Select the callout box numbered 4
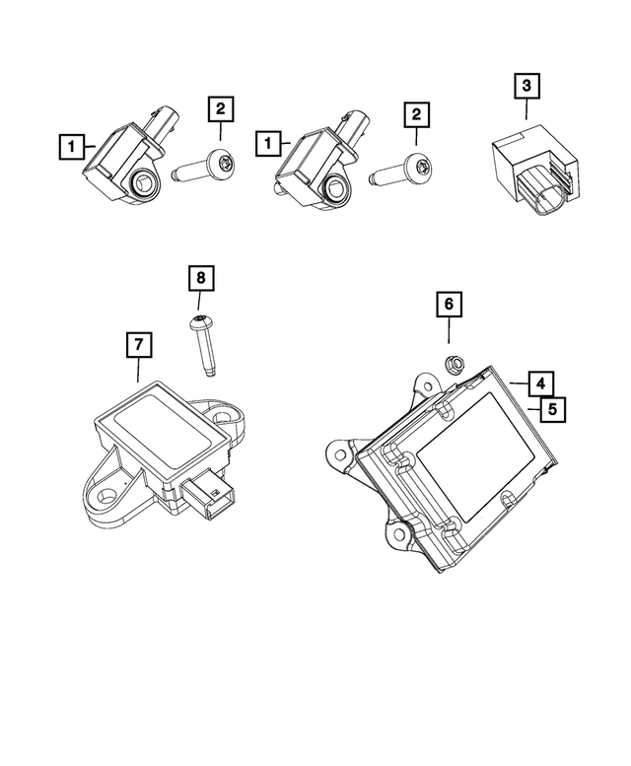539,382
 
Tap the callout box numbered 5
553,406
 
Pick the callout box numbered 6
448,305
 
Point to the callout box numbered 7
139,345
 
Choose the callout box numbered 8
200,278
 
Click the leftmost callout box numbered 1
70,148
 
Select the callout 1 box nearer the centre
267,144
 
